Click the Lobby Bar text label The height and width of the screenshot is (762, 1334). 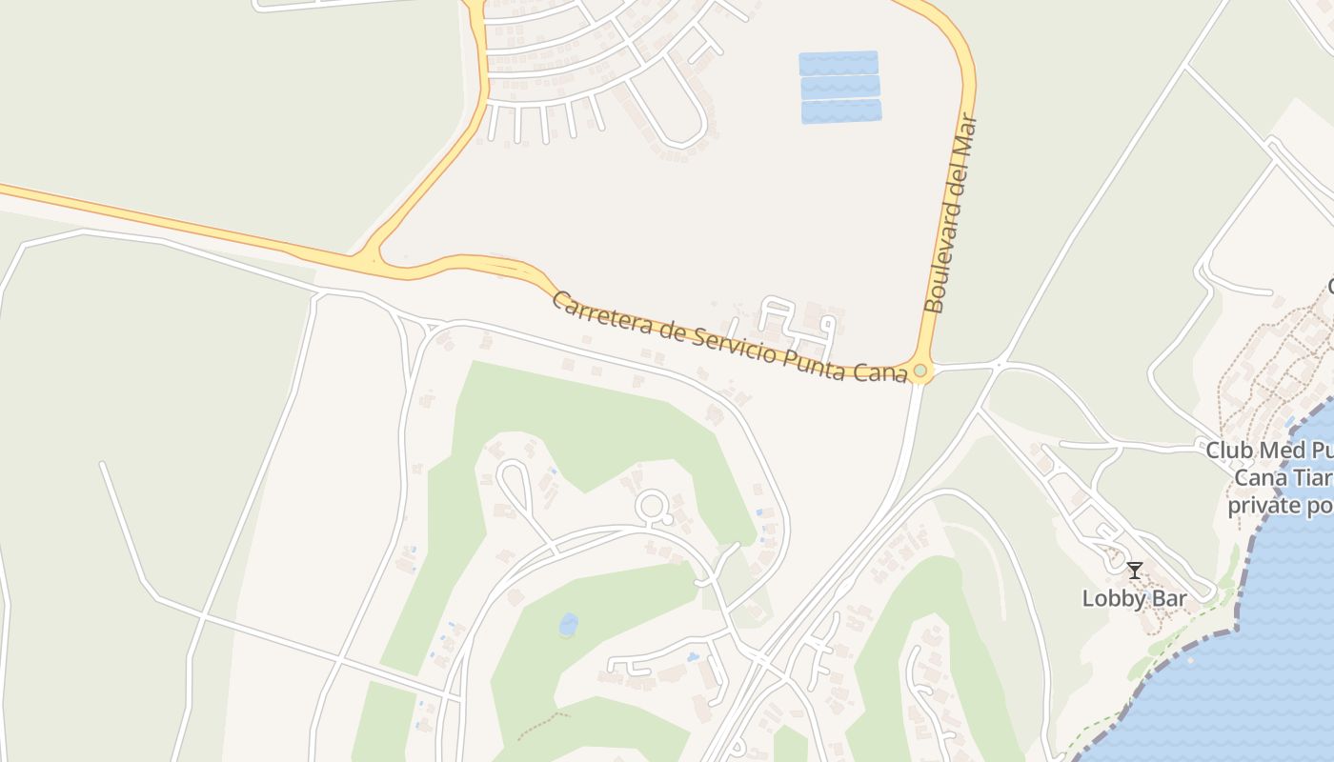[x=1134, y=599]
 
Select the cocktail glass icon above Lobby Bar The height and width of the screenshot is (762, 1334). [x=1134, y=571]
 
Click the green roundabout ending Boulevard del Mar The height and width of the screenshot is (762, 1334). [x=920, y=371]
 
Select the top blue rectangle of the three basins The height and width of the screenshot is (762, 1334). [x=839, y=63]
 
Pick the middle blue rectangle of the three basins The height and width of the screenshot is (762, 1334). [x=840, y=88]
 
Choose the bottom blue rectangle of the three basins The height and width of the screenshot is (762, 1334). [x=841, y=111]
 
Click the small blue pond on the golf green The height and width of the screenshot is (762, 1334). [x=569, y=625]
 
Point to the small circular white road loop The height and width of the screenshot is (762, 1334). [x=653, y=506]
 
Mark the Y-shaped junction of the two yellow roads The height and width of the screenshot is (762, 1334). [x=369, y=258]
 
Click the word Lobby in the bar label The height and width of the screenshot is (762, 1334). [x=1105, y=599]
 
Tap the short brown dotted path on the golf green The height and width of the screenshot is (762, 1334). [x=543, y=725]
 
